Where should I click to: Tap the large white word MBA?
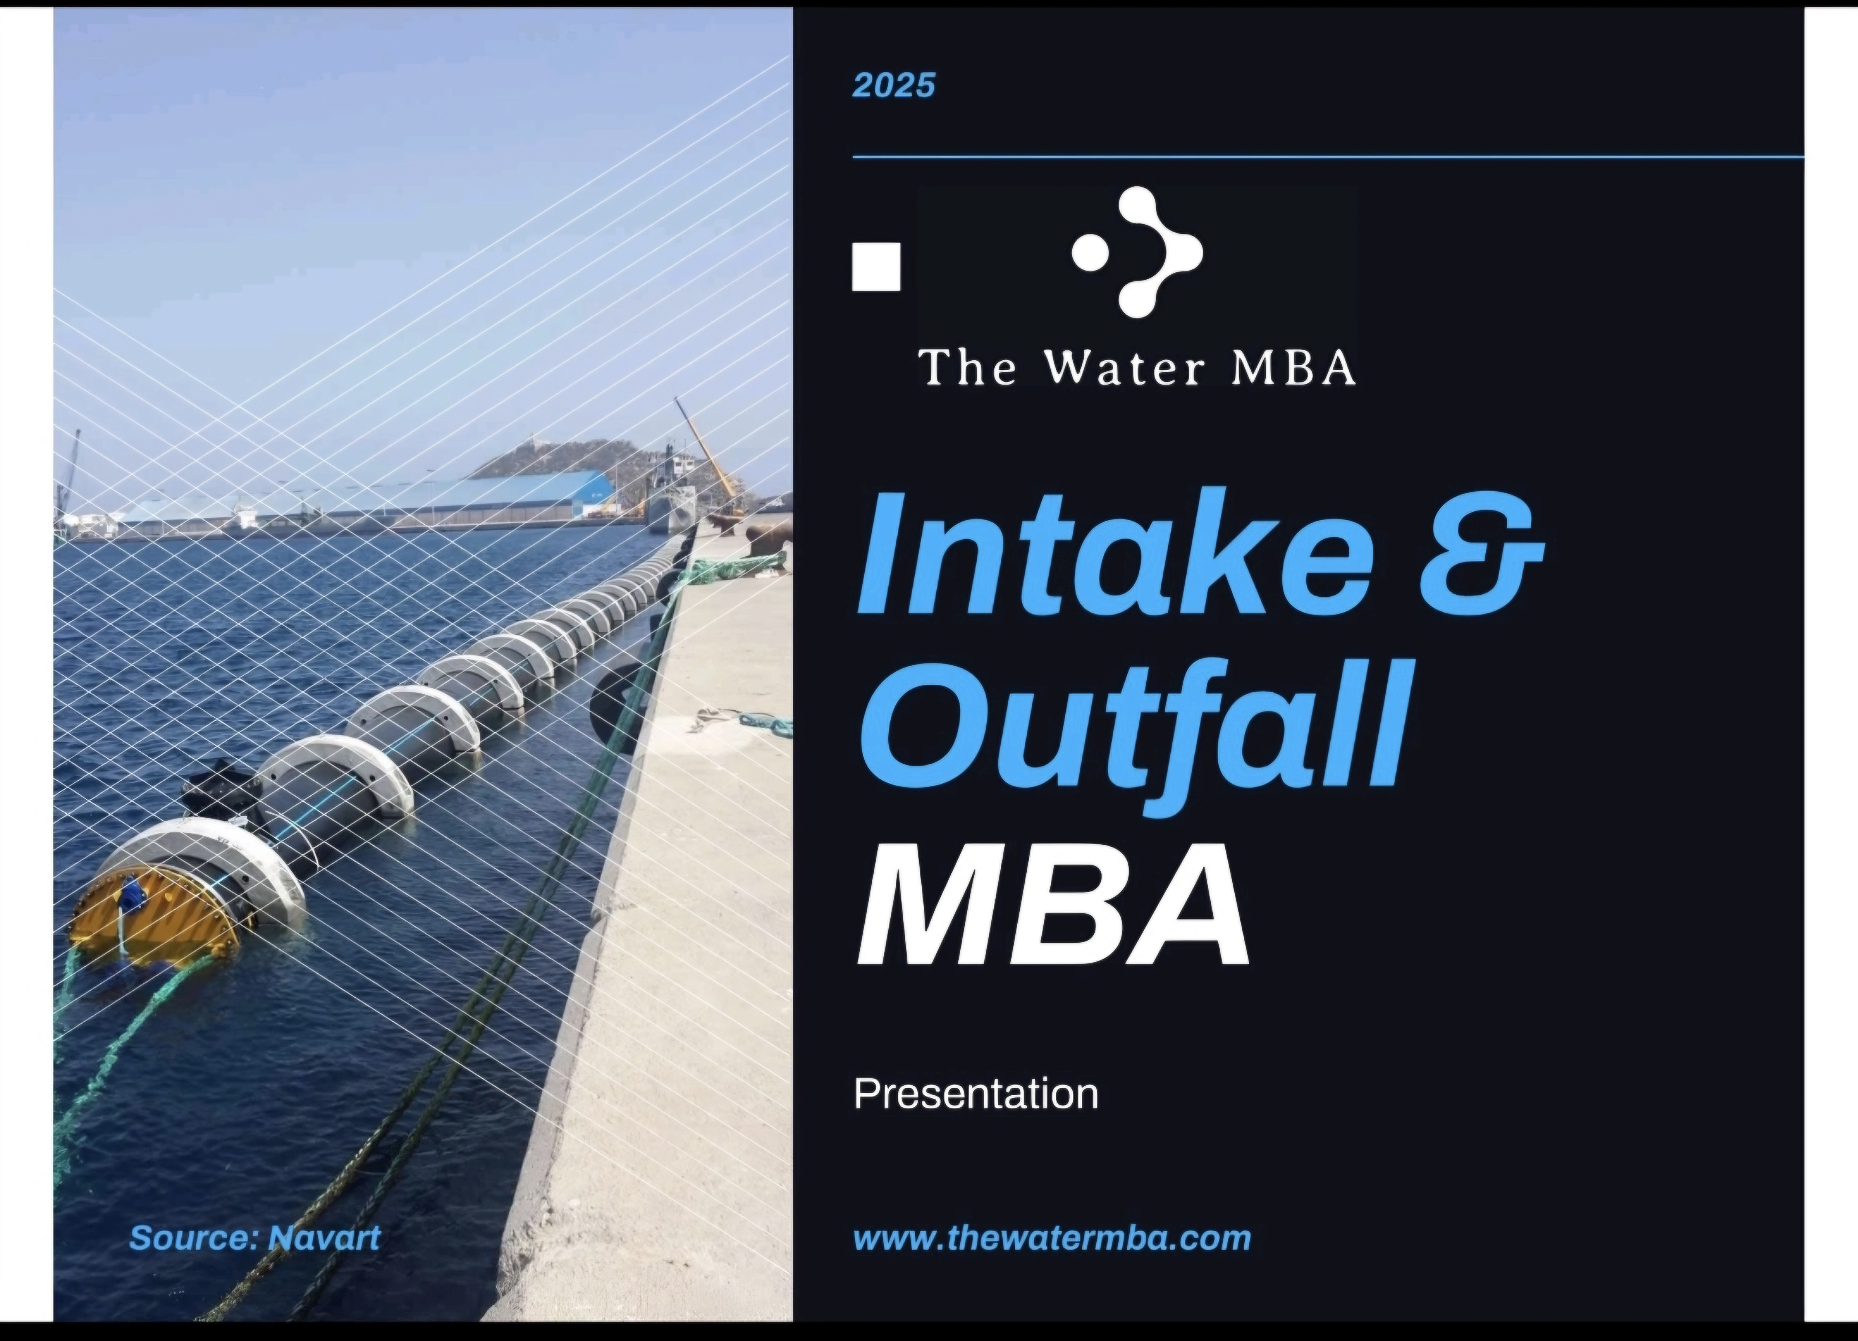[1054, 906]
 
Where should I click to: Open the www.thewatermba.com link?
[1052, 1238]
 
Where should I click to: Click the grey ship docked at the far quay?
[670, 492]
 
